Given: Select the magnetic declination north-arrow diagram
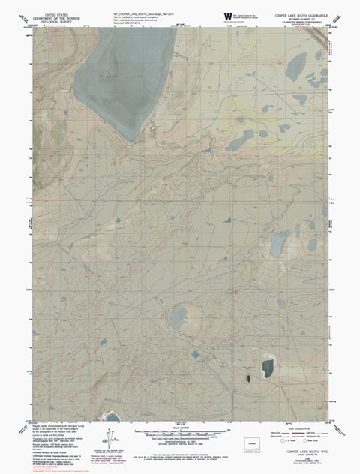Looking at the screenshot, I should coord(110,436).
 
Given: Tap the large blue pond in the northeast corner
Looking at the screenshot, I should coord(298,65).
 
